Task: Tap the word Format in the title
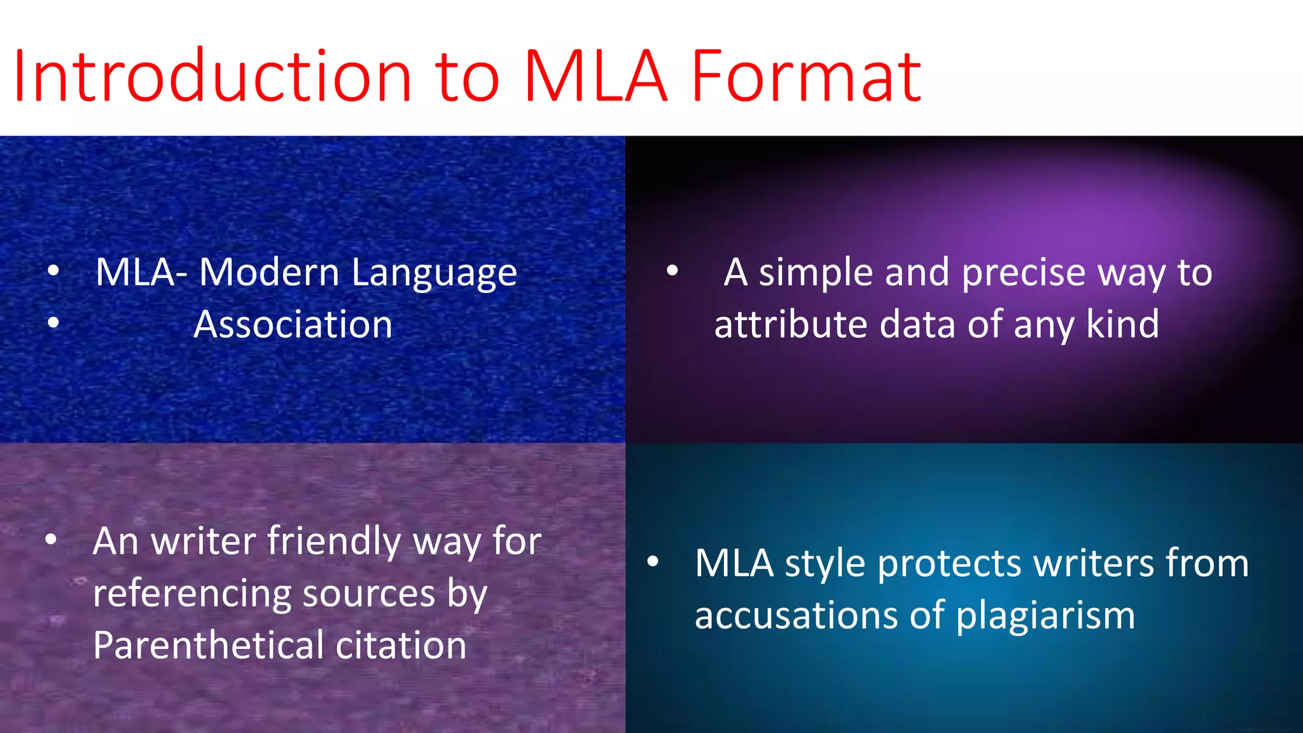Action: [805, 76]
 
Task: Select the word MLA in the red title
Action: [595, 76]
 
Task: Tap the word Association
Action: [293, 325]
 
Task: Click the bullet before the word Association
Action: [53, 323]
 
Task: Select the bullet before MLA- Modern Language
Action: [53, 271]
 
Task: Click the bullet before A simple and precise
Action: [672, 271]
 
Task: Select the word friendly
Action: [334, 542]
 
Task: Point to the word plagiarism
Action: [1045, 617]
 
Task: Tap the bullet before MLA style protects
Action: [653, 562]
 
